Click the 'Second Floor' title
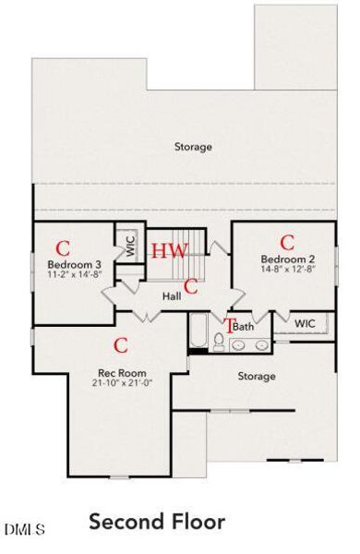[x=157, y=522]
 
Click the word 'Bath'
[x=244, y=327]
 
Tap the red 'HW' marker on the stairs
[x=170, y=251]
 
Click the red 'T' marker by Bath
[x=230, y=325]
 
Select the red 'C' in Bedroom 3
[x=63, y=247]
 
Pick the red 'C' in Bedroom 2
[x=287, y=242]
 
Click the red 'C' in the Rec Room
[x=119, y=345]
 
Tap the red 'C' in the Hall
[x=191, y=285]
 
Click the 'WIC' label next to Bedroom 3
[x=130, y=247]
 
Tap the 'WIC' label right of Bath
[x=305, y=324]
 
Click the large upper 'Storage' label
[x=193, y=147]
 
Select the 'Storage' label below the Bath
[x=257, y=376]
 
